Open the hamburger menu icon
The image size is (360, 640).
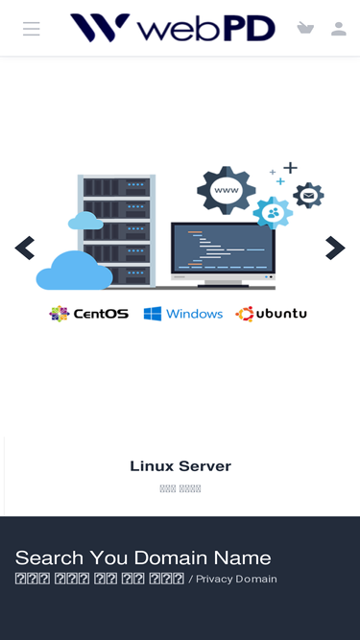click(32, 29)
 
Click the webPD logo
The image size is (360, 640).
click(172, 28)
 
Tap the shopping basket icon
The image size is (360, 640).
click(305, 28)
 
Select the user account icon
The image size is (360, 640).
click(338, 29)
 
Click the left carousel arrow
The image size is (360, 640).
click(24, 249)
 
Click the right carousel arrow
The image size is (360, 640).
click(335, 249)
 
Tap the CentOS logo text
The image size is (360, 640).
click(89, 314)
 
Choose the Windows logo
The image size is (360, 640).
click(183, 314)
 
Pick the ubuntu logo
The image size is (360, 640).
click(272, 314)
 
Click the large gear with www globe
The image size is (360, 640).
click(226, 189)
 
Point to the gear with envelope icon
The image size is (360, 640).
click(308, 197)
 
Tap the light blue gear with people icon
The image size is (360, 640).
click(274, 212)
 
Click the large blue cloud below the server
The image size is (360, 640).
click(74, 271)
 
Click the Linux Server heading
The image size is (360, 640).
click(180, 466)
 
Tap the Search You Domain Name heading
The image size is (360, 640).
click(143, 557)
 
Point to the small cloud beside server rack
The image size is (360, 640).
click(85, 221)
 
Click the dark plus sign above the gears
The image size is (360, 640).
click(289, 168)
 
